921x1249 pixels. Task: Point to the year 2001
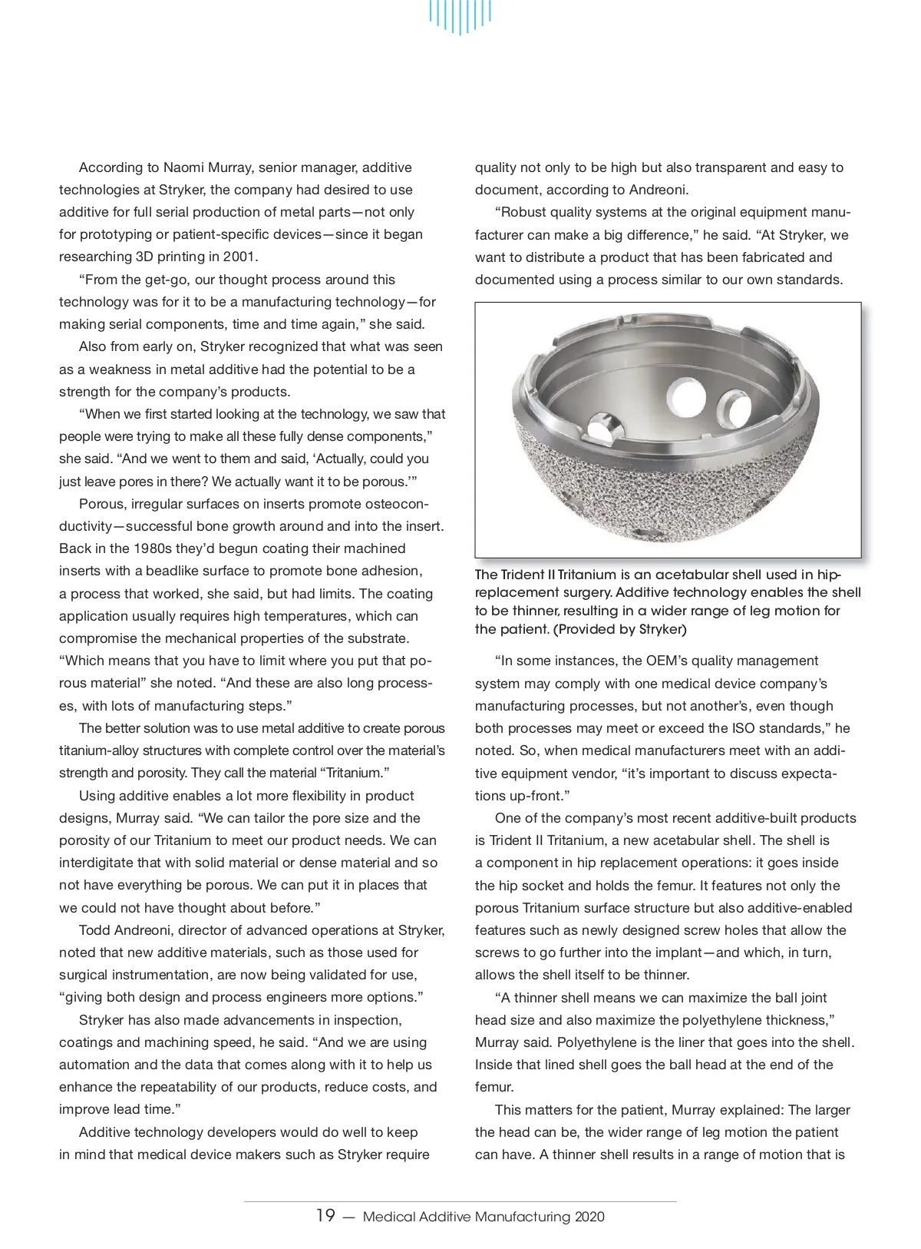[x=239, y=257]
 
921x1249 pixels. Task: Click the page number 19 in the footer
[x=325, y=1215]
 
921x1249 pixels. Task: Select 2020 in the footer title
[x=589, y=1217]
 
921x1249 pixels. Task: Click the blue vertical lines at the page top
[x=460, y=17]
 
